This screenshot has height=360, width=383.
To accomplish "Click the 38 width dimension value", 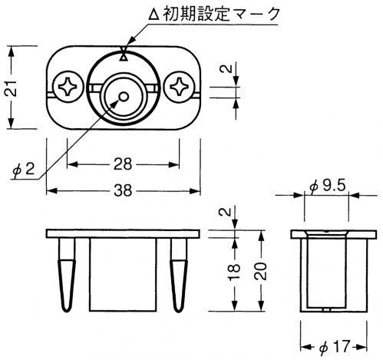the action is (123, 190).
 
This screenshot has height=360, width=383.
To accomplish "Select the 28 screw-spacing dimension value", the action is (123, 164).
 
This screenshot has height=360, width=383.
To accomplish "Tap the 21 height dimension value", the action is (12, 88).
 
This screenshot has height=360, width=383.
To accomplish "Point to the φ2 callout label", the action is (24, 169).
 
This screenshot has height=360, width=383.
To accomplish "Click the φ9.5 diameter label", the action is (327, 186).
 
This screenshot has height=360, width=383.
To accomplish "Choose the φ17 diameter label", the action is (335, 347).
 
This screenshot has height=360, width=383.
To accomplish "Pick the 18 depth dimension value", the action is (234, 272).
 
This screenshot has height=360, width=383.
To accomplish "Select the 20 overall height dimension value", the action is (261, 271).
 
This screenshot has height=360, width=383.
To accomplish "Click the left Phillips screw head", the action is (68, 88).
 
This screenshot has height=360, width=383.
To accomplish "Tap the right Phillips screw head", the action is (179, 88).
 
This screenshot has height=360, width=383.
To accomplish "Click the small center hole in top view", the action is (124, 97).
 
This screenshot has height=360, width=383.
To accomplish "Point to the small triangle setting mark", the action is (124, 58).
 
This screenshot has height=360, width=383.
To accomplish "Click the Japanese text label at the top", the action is (214, 13).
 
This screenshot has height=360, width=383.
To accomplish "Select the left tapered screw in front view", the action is (67, 275).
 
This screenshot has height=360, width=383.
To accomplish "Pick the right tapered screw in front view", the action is (179, 275).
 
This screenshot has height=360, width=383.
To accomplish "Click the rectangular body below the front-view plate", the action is (123, 275).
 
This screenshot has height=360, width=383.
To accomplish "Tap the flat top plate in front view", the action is (123, 234).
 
